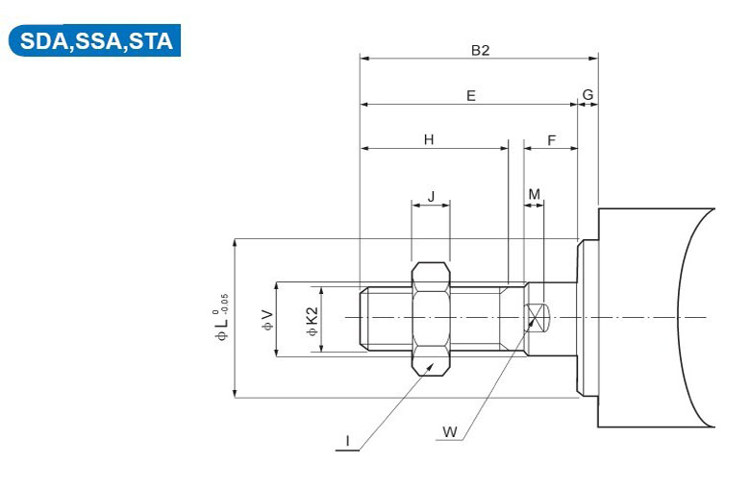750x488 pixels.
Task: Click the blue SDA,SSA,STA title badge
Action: click(94, 40)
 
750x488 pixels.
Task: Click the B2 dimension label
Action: click(480, 50)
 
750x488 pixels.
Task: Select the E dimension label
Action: click(471, 96)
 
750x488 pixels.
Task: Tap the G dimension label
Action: click(587, 95)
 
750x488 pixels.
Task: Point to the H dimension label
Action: click(429, 139)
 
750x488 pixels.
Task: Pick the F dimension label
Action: click(552, 140)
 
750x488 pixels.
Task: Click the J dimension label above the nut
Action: click(432, 196)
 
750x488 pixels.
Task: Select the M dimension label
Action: click(535, 194)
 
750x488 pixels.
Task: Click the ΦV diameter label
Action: click(268, 320)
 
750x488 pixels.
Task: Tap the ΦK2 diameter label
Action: click(312, 322)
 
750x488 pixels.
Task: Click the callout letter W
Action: click(450, 431)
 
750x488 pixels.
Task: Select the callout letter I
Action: click(348, 441)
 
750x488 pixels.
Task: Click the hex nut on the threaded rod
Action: click(431, 319)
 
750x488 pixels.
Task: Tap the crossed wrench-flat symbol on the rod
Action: click(536, 317)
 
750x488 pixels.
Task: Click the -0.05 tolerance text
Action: click(225, 303)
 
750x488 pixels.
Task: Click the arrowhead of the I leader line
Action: click(431, 366)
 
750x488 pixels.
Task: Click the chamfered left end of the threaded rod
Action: click(364, 317)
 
